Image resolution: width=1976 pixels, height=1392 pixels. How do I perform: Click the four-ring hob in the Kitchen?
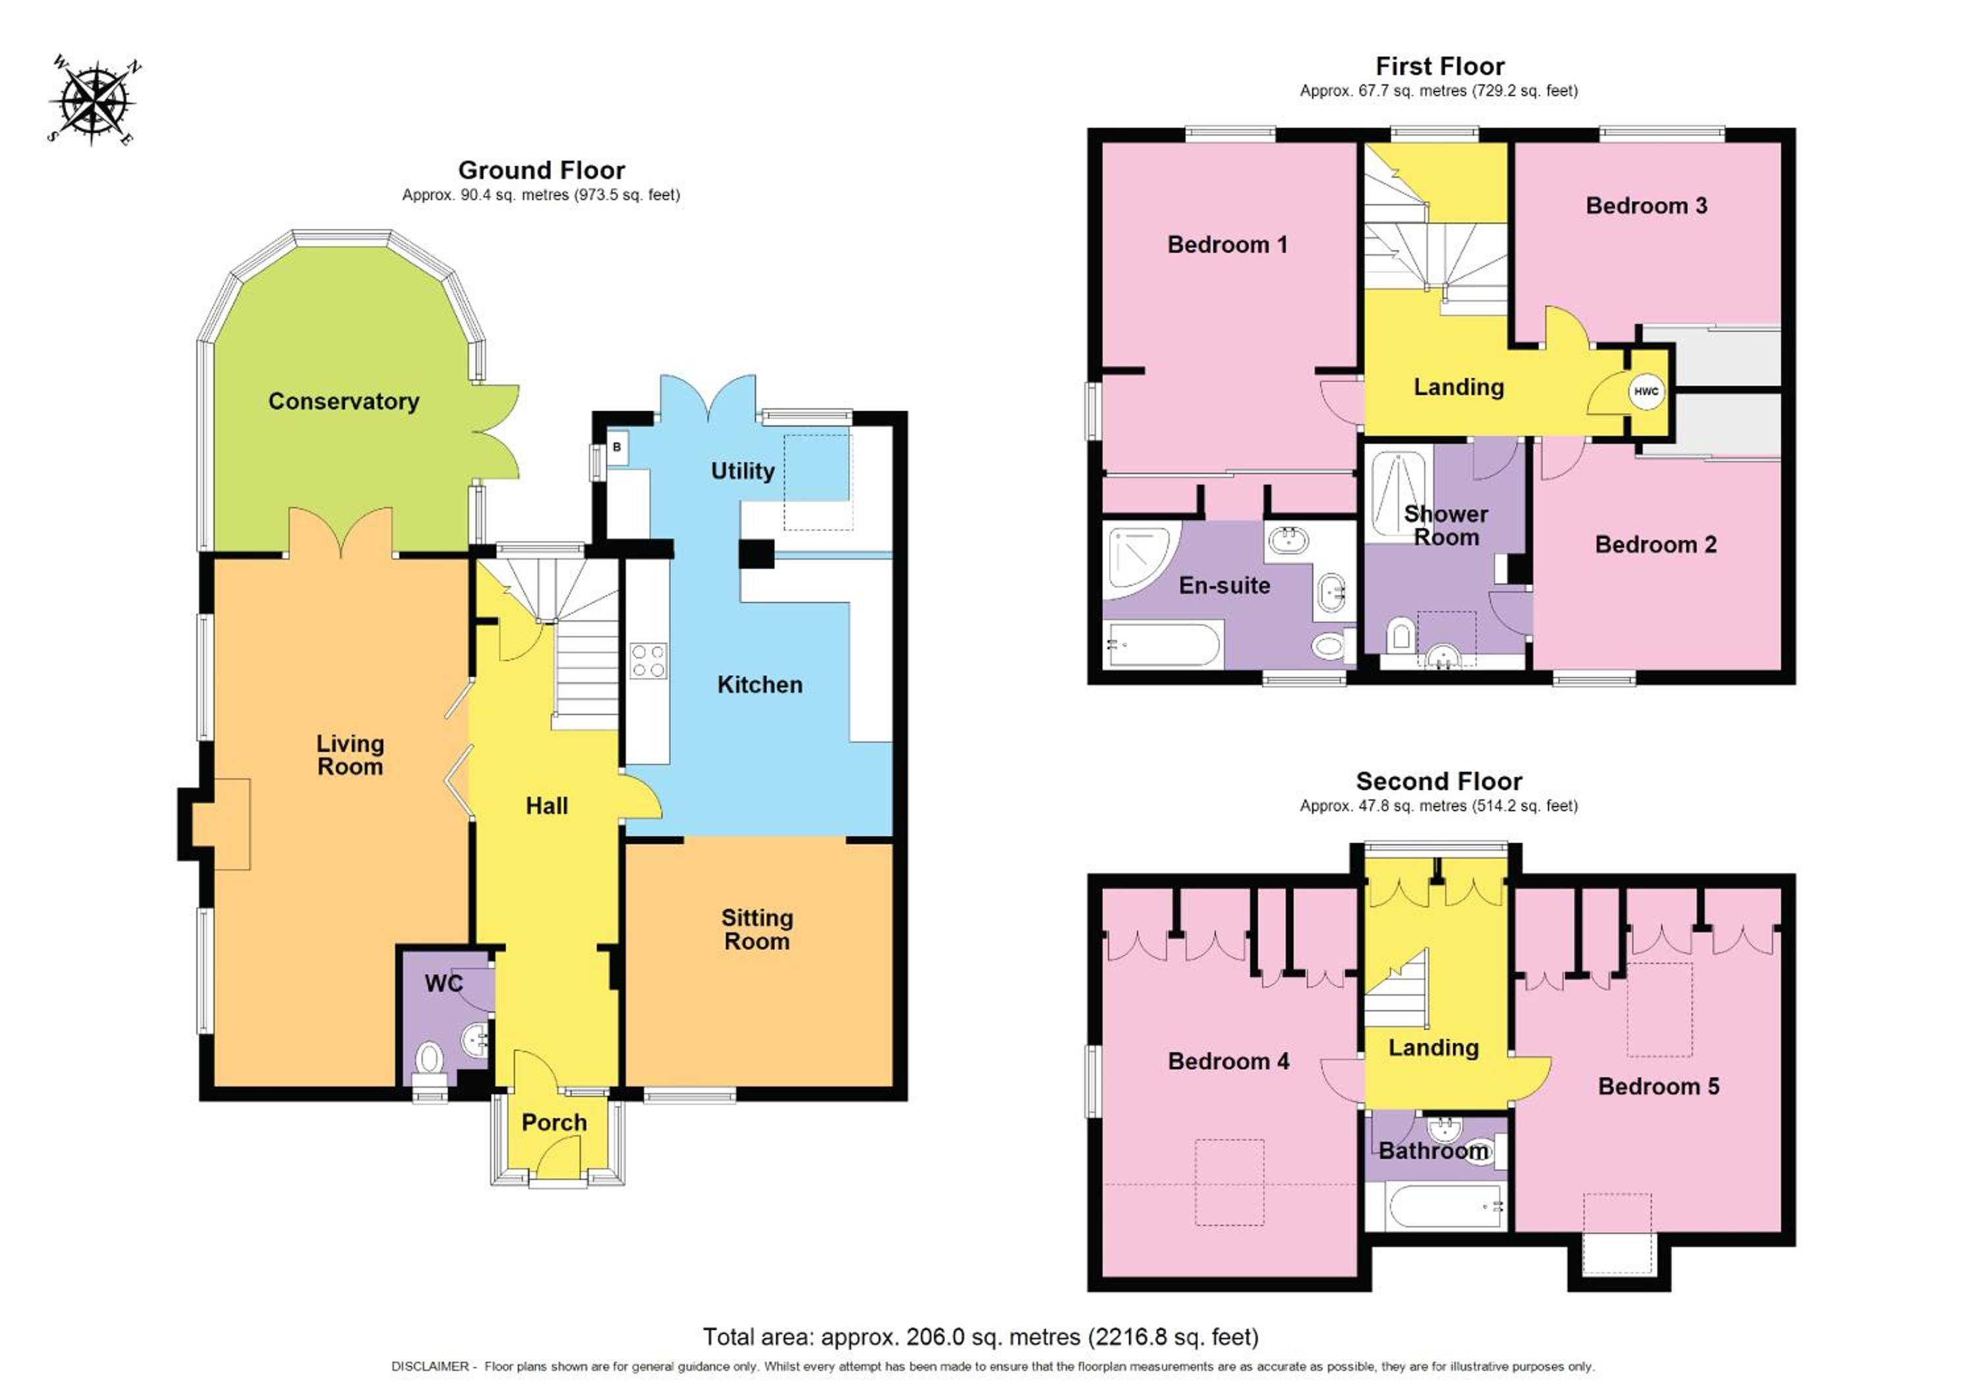[x=648, y=660]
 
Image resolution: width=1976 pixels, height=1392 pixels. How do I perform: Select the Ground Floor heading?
[x=541, y=171]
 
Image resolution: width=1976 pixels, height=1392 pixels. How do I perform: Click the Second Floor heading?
[x=1439, y=781]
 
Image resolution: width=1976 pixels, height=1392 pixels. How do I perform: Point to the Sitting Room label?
[x=757, y=929]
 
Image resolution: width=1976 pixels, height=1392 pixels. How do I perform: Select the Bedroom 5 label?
[x=1659, y=1086]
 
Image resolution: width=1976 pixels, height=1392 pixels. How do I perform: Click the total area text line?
[x=980, y=1337]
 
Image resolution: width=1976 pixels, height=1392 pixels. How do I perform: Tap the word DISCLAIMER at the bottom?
[x=429, y=1366]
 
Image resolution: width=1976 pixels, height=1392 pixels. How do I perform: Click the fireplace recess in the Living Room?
[x=220, y=824]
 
